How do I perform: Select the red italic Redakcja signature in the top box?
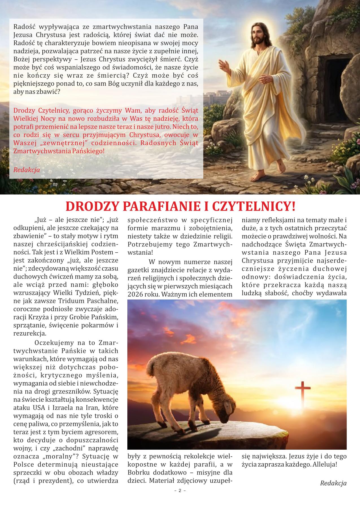(x=27, y=170)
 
